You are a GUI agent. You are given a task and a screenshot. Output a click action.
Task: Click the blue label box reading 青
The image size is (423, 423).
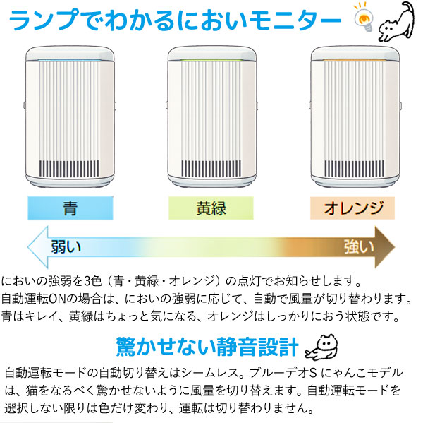coord(70,209)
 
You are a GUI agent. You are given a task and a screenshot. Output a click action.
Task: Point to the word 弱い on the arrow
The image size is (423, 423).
coord(66,247)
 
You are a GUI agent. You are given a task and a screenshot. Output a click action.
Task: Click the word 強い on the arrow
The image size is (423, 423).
coord(358,246)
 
